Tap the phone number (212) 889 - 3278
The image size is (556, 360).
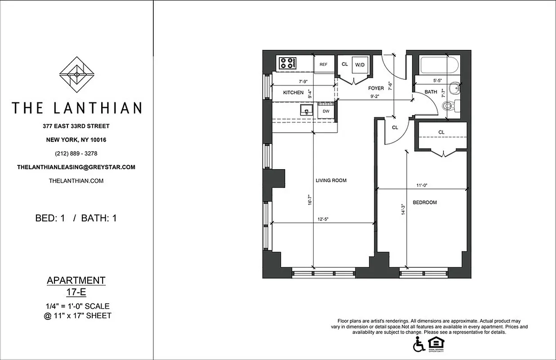point(76,153)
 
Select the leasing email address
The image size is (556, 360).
point(76,167)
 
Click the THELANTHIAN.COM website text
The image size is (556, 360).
point(76,180)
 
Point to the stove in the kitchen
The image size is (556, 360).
point(287,63)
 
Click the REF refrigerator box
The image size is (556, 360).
point(323,64)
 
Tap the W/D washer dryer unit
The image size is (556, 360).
point(360,65)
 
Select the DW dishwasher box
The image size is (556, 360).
point(326,111)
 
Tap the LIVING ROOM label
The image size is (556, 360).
point(331,180)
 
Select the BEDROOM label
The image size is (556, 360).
point(425,202)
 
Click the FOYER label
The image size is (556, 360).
point(376,88)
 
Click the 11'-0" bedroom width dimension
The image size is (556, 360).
point(421,185)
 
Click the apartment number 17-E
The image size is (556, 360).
point(76,292)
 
